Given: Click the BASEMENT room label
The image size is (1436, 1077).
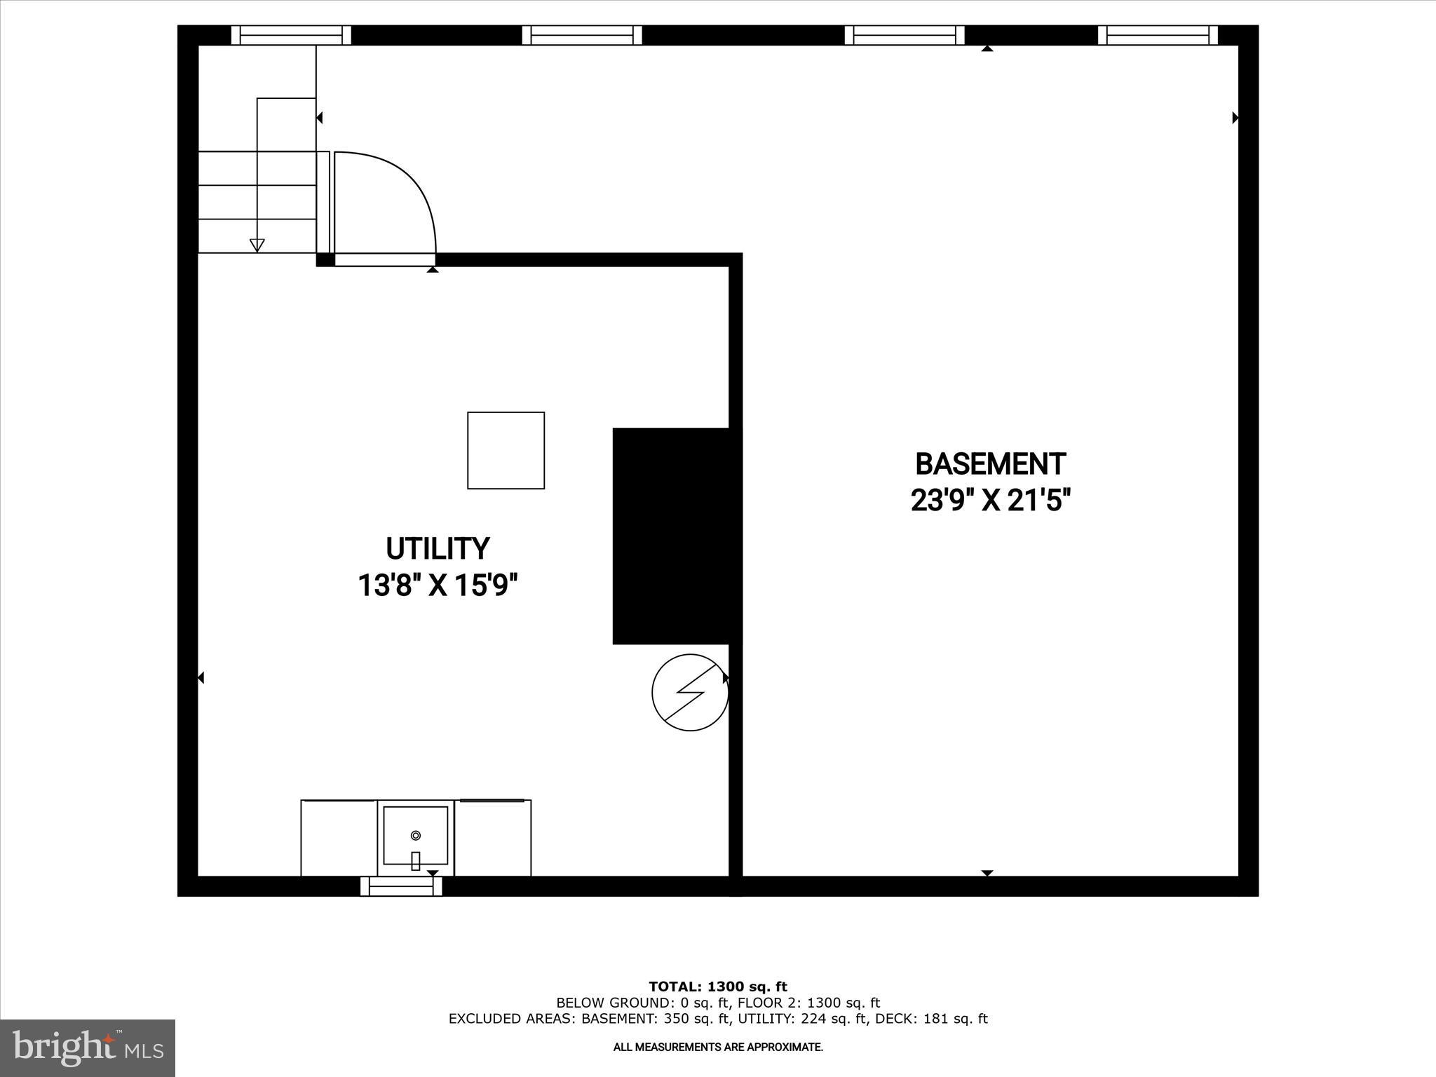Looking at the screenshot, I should coord(990,464).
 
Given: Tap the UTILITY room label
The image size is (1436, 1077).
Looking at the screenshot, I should coord(438,548).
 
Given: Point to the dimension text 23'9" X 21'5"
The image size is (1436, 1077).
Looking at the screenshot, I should coord(990,501).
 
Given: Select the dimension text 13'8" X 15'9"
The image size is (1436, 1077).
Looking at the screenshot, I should coord(438,585).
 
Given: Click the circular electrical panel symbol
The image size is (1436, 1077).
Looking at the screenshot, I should coord(690,693).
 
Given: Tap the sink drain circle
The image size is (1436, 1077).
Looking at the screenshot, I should coord(416,835).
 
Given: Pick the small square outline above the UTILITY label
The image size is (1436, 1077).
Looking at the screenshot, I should coord(506,450).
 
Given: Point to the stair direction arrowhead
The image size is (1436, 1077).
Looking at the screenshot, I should coord(257,245).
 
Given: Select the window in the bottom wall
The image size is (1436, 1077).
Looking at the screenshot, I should coord(401,887).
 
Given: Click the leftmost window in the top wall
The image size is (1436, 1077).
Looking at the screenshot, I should coord(291,35).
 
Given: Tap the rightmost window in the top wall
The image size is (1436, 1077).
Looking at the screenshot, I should coord(1158,35).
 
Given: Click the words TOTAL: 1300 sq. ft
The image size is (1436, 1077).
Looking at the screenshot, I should coord(718,987).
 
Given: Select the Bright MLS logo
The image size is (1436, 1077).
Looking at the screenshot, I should coord(88,1048).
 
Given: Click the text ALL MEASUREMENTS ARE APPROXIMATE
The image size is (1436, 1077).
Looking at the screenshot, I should coord(718,1047).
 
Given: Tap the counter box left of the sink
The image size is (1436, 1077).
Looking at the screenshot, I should coord(339,838).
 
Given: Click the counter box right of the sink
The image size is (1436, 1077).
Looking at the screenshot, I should coord(492,838).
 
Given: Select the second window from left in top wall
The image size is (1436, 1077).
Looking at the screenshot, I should coord(582,35).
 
